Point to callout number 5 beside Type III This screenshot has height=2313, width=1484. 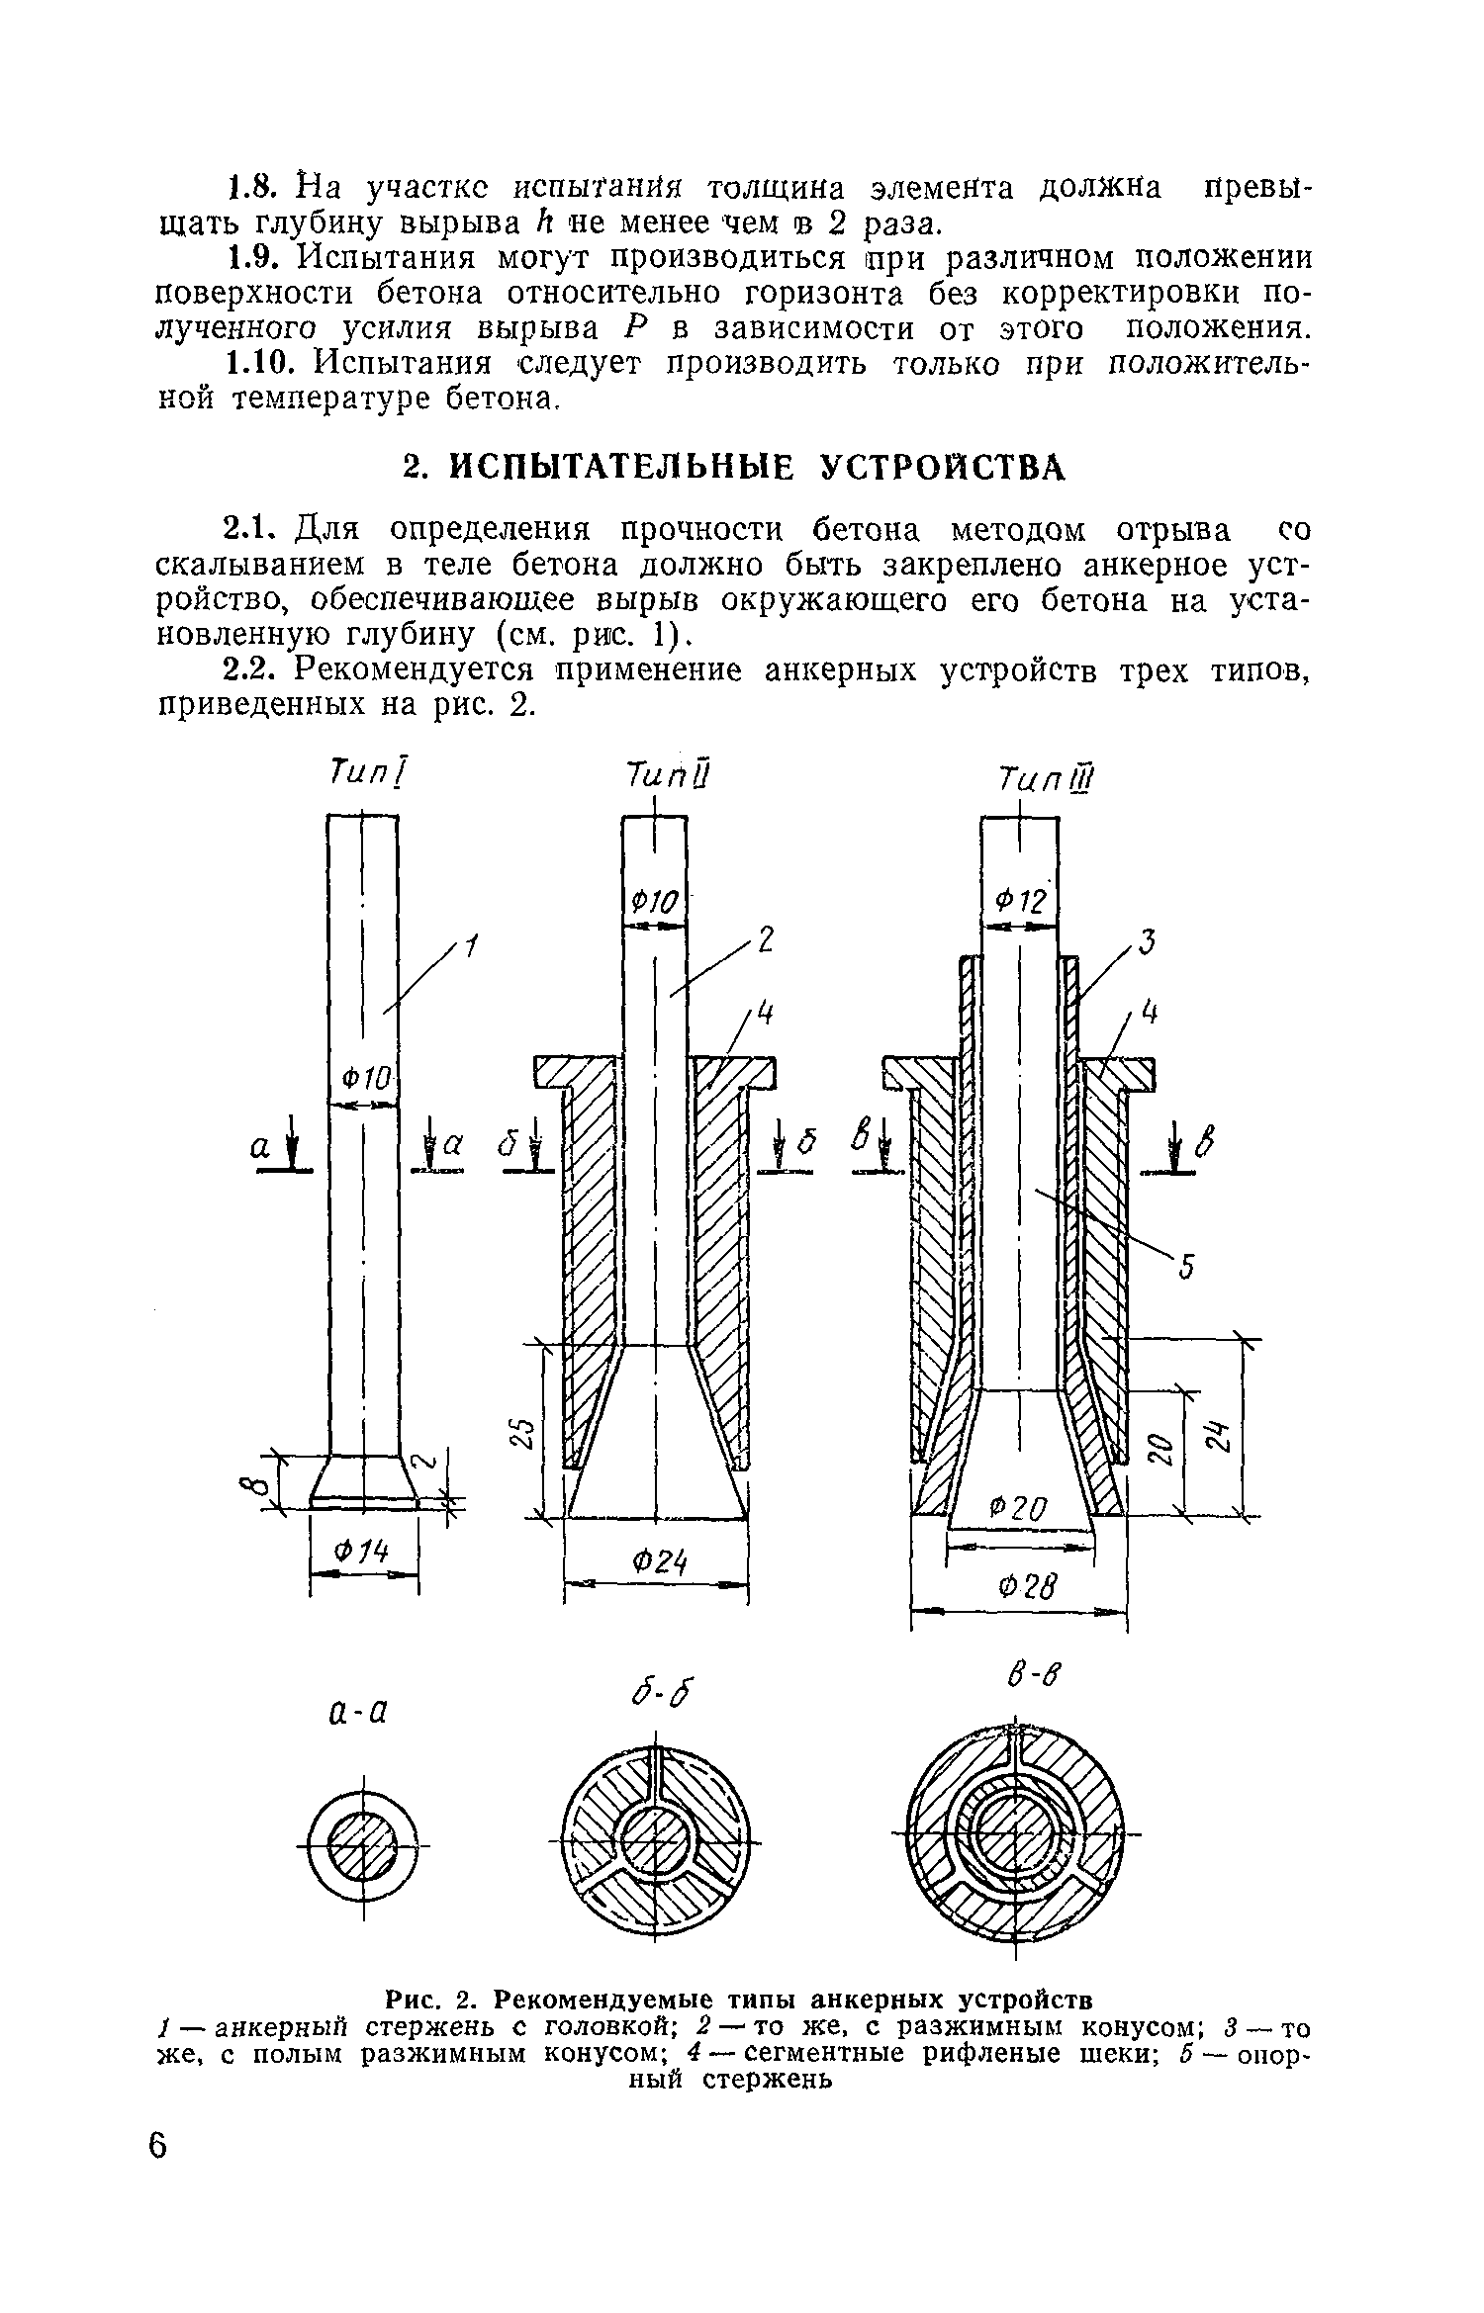pyautogui.click(x=1187, y=1265)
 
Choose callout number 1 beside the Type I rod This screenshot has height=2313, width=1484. pyautogui.click(x=471, y=949)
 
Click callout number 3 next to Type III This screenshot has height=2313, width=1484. pyautogui.click(x=1147, y=942)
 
